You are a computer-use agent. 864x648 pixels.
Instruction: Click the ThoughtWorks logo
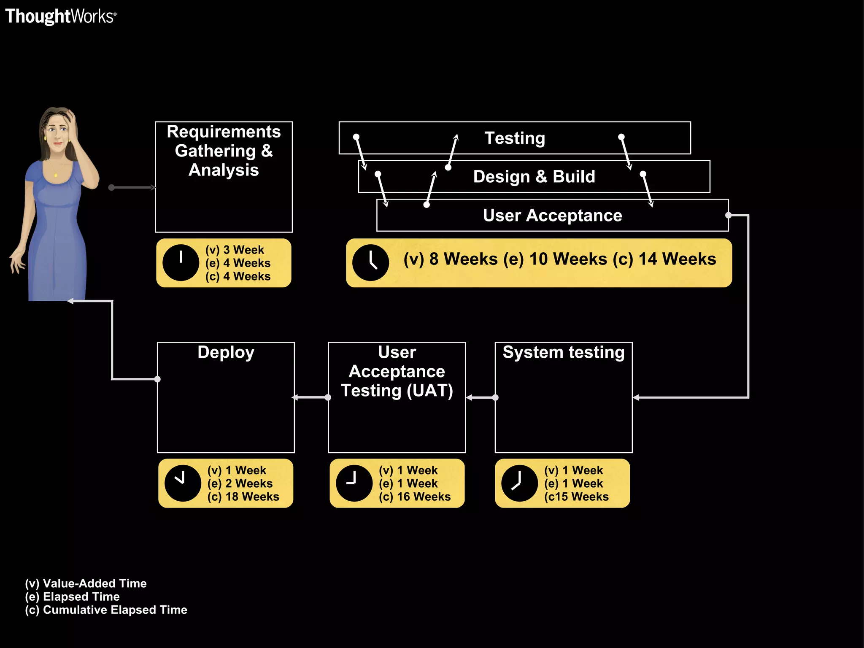click(x=60, y=16)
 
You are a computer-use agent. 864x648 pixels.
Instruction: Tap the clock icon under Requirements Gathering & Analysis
click(x=181, y=263)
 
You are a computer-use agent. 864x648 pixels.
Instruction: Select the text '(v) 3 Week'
click(x=235, y=250)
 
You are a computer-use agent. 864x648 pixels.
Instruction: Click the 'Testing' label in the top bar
click(x=515, y=138)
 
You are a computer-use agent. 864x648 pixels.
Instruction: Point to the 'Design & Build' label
click(x=534, y=176)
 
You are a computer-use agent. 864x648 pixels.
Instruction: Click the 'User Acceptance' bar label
click(x=552, y=215)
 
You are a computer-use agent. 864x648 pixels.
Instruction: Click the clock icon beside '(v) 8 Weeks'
click(x=370, y=263)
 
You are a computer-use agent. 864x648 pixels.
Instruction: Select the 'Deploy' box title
click(x=226, y=352)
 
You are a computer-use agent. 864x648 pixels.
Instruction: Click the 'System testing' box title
click(x=563, y=352)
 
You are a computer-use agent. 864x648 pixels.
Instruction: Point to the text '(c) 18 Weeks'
click(x=243, y=497)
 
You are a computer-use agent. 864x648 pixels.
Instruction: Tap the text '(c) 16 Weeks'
click(x=415, y=497)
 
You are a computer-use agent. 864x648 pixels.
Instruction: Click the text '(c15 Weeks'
click(x=576, y=497)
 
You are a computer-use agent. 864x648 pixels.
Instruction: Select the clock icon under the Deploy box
click(x=183, y=483)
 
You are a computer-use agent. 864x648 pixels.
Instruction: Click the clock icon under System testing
click(x=519, y=483)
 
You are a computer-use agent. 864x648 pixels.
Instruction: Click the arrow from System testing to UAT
click(x=481, y=397)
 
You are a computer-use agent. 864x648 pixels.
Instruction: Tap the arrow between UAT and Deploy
click(x=311, y=397)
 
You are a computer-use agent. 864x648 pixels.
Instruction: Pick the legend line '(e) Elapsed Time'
click(x=72, y=597)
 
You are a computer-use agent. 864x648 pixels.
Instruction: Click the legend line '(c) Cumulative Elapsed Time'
click(x=106, y=610)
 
